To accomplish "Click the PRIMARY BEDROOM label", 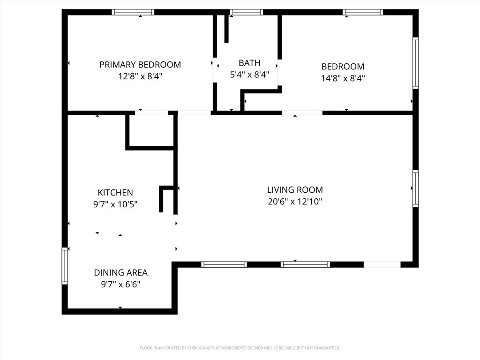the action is pyautogui.click(x=140, y=65).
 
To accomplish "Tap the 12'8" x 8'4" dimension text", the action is pyautogui.click(x=140, y=76).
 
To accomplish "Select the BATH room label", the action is pyautogui.click(x=249, y=63).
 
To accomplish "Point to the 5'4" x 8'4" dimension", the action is pyautogui.click(x=249, y=75).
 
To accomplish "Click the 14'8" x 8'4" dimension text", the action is pyautogui.click(x=343, y=78).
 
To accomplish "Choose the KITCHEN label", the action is pyautogui.click(x=115, y=193).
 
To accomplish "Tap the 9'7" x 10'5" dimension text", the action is pyautogui.click(x=115, y=204).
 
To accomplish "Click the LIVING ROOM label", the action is pyautogui.click(x=295, y=190).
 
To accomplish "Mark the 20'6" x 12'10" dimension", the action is pyautogui.click(x=295, y=202).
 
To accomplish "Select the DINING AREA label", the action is pyautogui.click(x=120, y=272).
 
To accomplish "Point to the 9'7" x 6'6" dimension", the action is pyautogui.click(x=120, y=285).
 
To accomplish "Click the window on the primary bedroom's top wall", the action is pyautogui.click(x=133, y=12).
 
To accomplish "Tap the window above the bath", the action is pyautogui.click(x=247, y=12).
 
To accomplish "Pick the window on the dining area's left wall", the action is pyautogui.click(x=65, y=266).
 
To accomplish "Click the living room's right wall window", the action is pyautogui.click(x=415, y=188).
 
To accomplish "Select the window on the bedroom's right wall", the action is pyautogui.click(x=415, y=63).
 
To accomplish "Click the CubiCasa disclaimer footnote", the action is pyautogui.click(x=240, y=348).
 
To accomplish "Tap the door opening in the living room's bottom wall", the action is pyautogui.click(x=382, y=264).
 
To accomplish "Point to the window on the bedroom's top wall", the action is pyautogui.click(x=363, y=12).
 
